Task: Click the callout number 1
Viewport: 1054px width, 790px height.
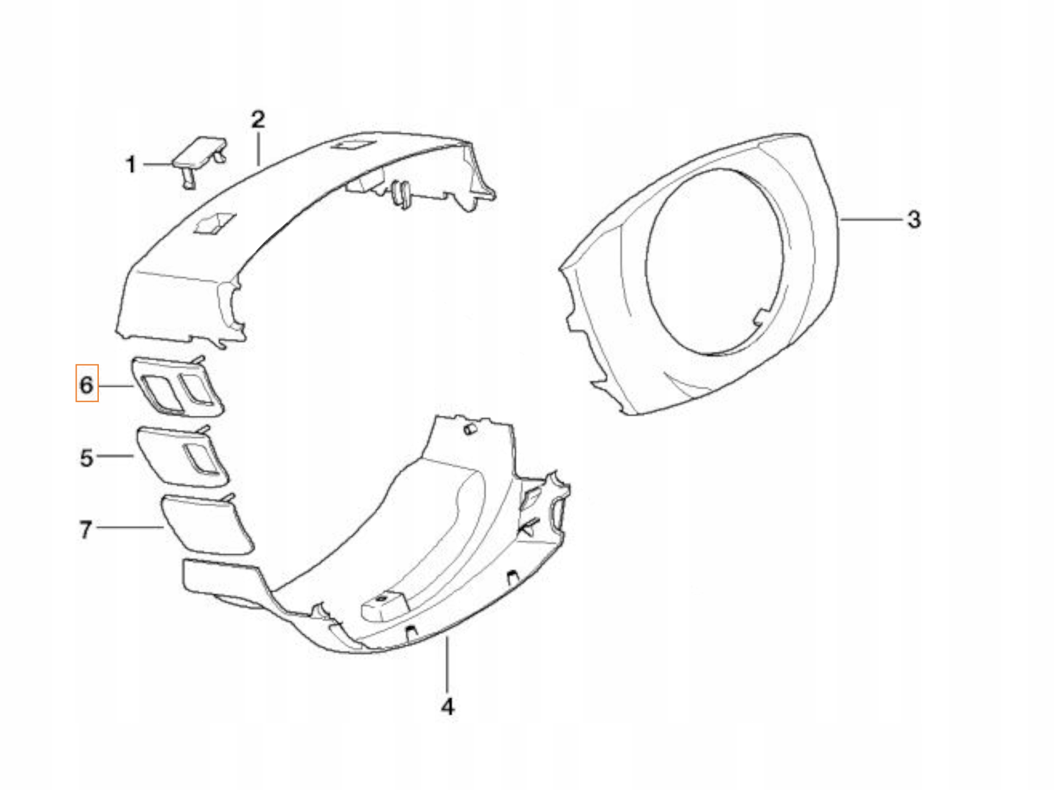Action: coord(131,165)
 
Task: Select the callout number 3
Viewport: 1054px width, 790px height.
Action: coord(914,220)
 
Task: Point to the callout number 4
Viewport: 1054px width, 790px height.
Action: coord(448,706)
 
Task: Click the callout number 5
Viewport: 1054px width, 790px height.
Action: coord(86,458)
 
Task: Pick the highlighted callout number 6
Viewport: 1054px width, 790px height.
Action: coord(87,384)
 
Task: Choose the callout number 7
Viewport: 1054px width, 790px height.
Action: coord(86,529)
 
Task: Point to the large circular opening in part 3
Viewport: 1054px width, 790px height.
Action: coord(715,262)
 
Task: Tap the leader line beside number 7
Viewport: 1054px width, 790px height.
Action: coord(128,527)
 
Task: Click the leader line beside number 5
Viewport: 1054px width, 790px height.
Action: coord(115,456)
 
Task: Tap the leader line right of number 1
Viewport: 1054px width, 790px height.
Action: coord(157,164)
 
